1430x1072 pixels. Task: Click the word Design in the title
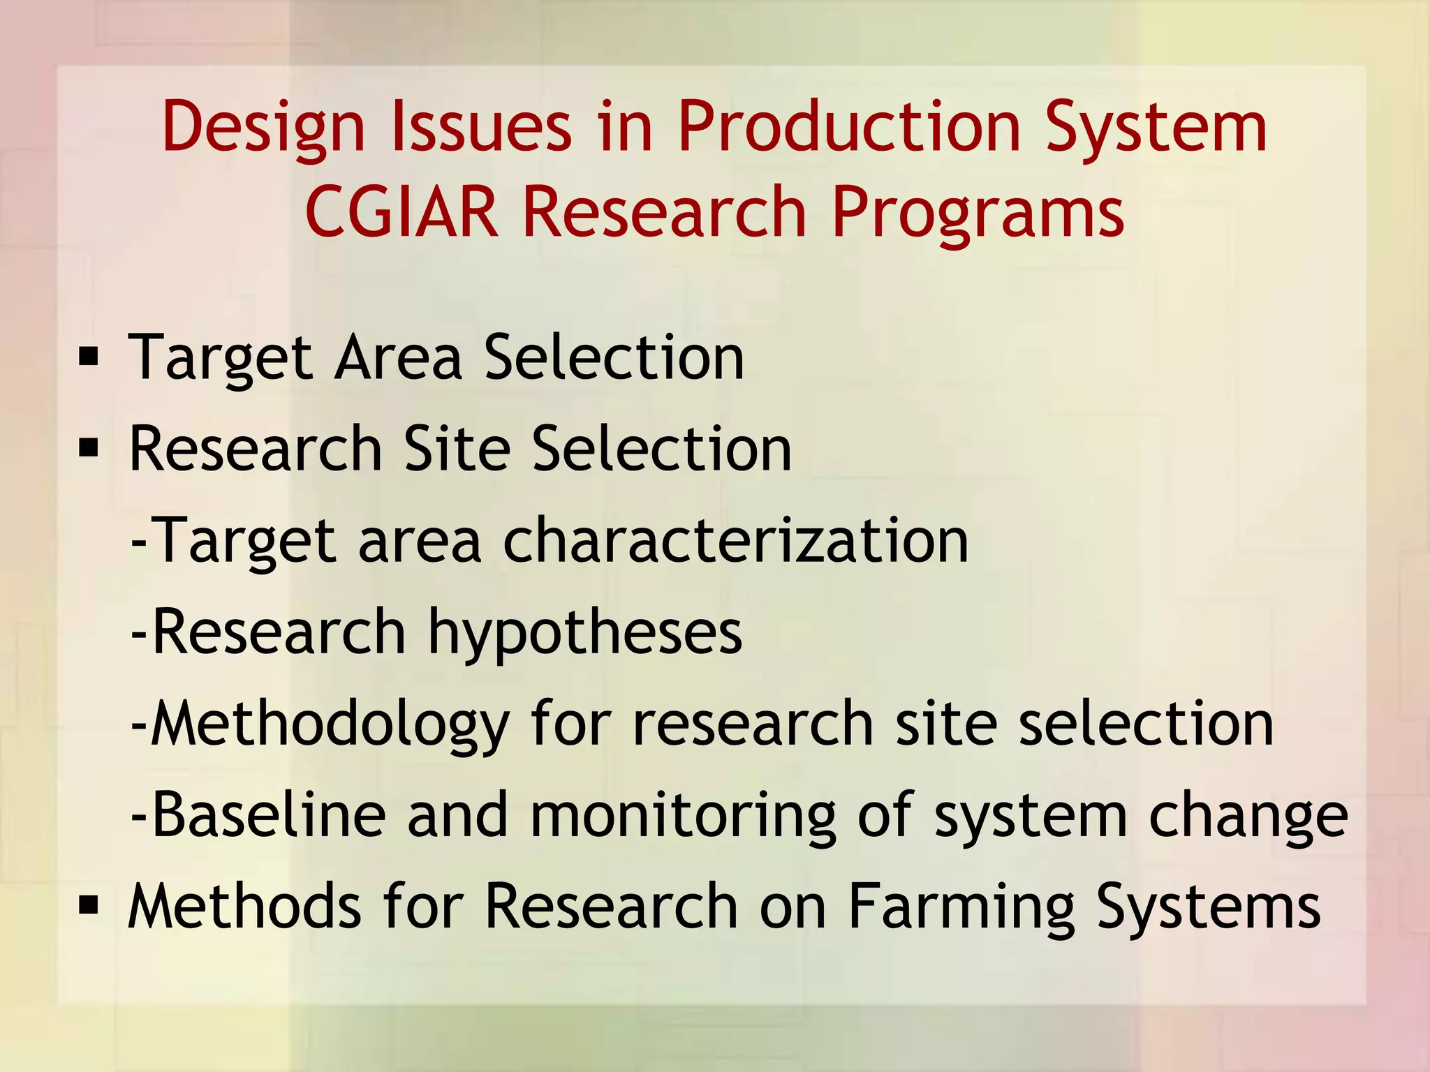[263, 128]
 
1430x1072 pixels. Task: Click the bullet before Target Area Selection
[89, 358]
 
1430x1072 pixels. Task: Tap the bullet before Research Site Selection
[89, 449]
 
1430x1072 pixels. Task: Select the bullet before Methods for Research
[89, 906]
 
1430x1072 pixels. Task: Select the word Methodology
[330, 724]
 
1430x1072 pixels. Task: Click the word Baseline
[269, 814]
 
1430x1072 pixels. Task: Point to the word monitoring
[682, 816]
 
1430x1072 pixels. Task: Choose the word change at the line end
[1248, 816]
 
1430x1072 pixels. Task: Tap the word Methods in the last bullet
[244, 906]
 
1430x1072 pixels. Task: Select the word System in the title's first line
[1156, 128]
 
